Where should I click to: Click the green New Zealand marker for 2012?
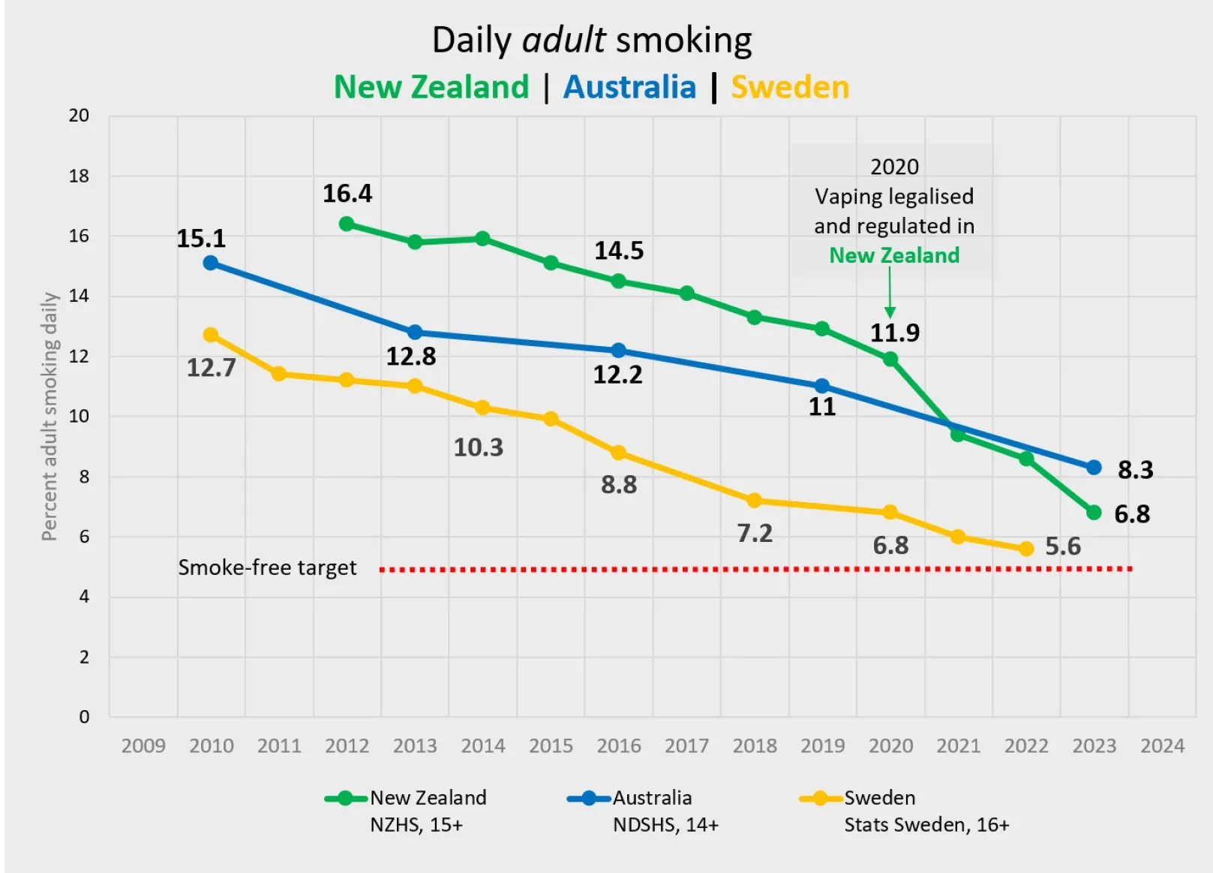[347, 224]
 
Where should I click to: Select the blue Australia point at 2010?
[211, 263]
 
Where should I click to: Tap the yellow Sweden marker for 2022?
[1026, 549]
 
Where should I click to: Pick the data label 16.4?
[347, 194]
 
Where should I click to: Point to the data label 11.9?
[894, 333]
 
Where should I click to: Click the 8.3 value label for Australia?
[1135, 470]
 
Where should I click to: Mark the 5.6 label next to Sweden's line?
[1063, 546]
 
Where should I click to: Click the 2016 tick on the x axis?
[619, 745]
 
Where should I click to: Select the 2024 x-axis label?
[1162, 745]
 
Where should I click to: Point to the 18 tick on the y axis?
[79, 176]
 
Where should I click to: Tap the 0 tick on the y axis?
[84, 717]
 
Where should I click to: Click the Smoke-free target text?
[267, 567]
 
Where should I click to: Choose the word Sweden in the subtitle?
[790, 87]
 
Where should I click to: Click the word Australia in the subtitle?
[629, 87]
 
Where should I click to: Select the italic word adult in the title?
[563, 40]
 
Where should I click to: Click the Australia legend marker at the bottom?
[589, 798]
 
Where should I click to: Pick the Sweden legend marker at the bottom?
[821, 798]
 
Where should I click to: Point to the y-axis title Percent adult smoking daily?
[50, 417]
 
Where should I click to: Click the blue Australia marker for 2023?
[1094, 468]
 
